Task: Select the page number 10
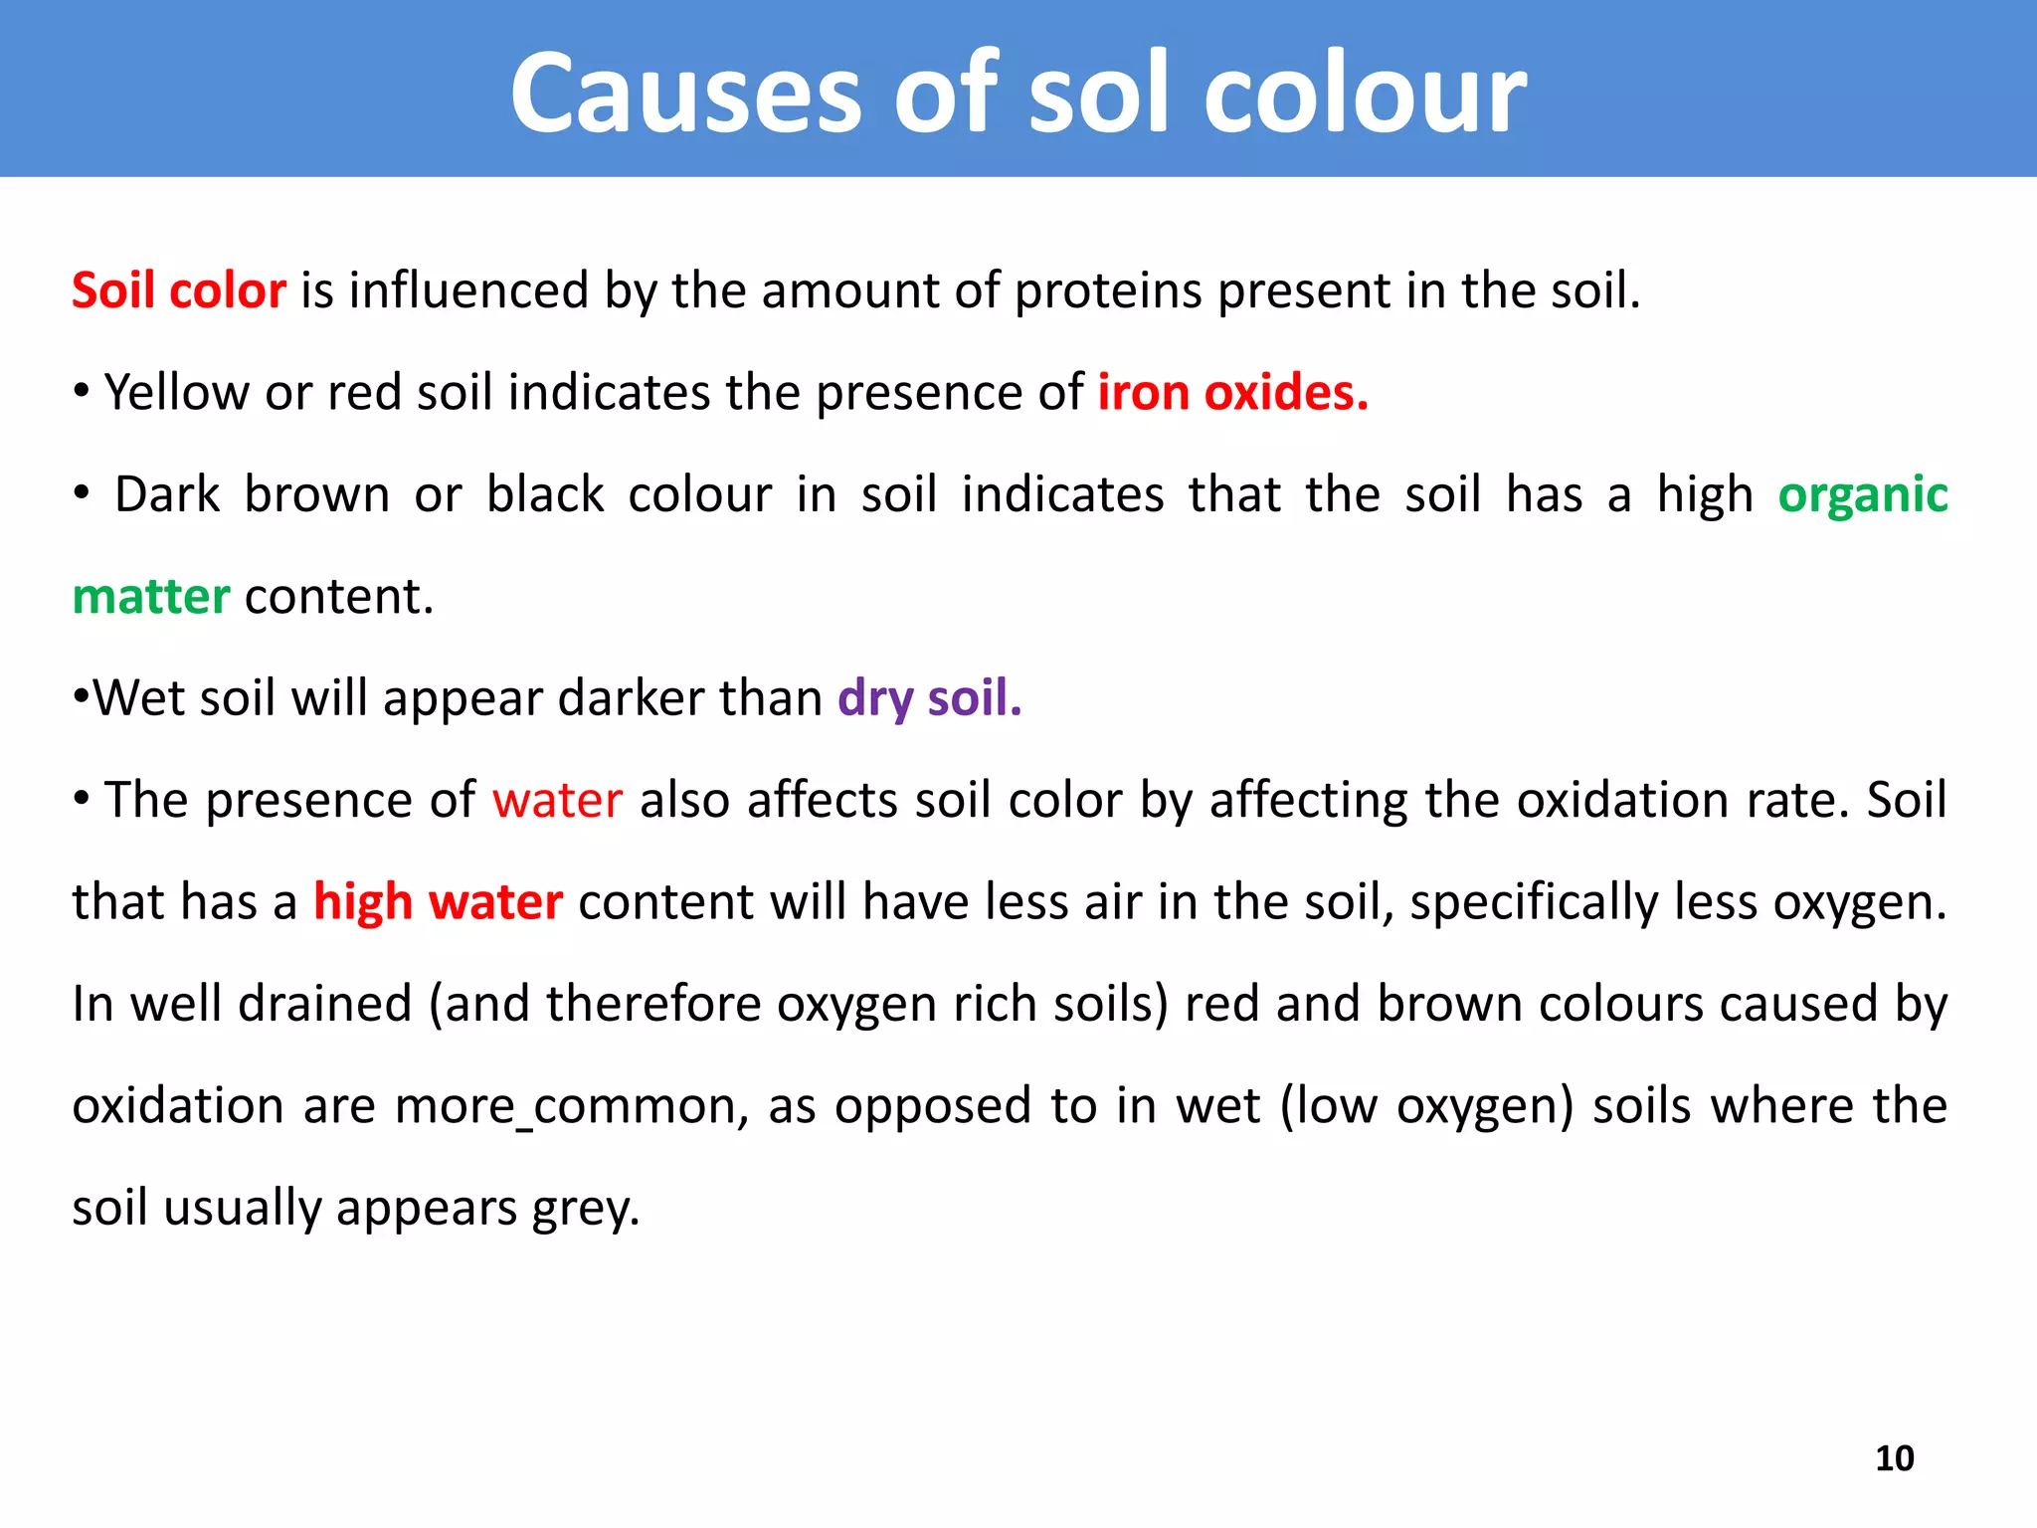click(1894, 1458)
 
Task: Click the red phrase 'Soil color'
click(179, 291)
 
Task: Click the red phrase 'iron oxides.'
click(1232, 393)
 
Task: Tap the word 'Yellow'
click(176, 393)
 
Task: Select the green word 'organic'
click(1862, 495)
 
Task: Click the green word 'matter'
click(151, 597)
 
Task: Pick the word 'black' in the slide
click(545, 495)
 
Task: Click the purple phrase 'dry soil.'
click(929, 698)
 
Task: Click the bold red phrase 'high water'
click(438, 902)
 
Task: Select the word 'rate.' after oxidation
click(1797, 801)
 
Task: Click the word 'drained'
click(324, 1004)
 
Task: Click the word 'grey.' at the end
click(586, 1209)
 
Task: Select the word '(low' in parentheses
click(1327, 1106)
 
